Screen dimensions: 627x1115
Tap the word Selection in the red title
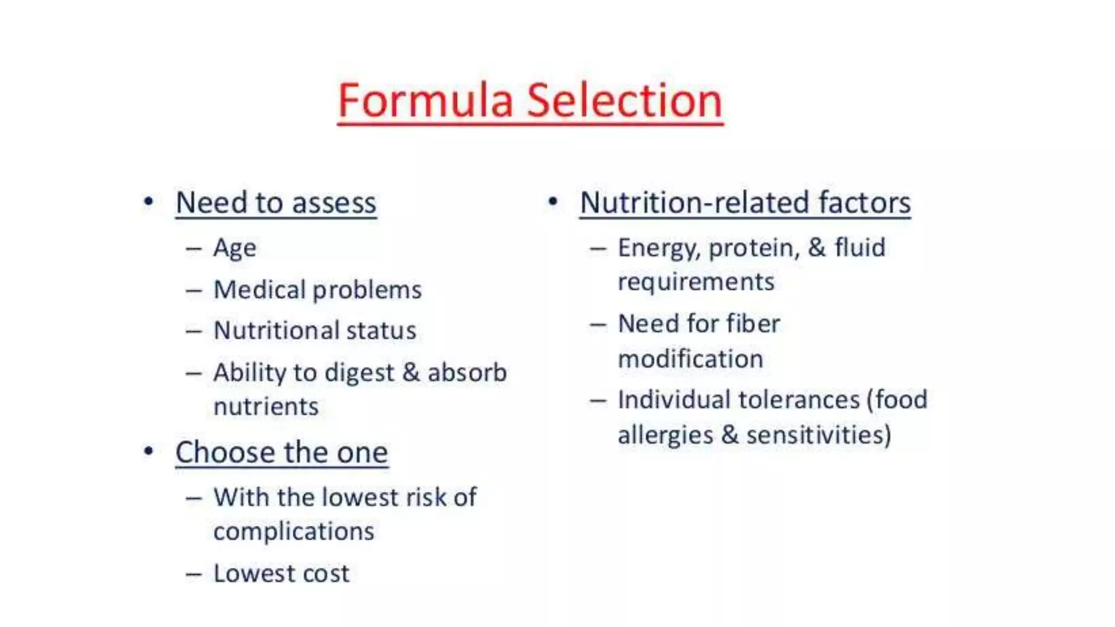coord(624,101)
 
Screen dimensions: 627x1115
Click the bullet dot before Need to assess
coord(148,202)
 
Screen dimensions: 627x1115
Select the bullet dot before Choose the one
coord(148,451)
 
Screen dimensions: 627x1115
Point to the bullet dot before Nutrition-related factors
coord(553,202)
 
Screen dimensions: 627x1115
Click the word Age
coord(235,249)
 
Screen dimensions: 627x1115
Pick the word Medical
coord(259,290)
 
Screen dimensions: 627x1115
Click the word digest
coord(359,373)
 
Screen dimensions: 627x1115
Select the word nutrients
coord(266,407)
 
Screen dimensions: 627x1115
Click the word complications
coord(293,532)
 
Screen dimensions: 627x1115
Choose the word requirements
coord(696,282)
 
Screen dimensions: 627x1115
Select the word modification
coord(690,359)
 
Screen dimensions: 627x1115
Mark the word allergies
coord(665,435)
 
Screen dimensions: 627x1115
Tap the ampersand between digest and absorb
coord(411,373)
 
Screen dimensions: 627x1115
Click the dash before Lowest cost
coord(194,574)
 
